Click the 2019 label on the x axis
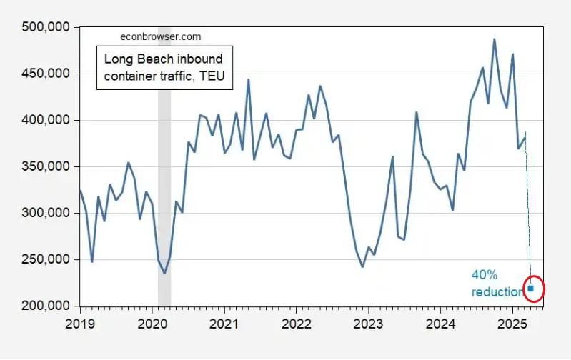(80, 322)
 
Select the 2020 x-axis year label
(152, 322)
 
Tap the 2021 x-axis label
(224, 322)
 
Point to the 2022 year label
(297, 322)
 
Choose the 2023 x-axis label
(369, 322)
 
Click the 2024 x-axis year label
(441, 322)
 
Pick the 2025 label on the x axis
(513, 322)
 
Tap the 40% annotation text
(484, 275)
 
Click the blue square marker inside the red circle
(531, 289)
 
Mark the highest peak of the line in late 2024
(494, 39)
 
